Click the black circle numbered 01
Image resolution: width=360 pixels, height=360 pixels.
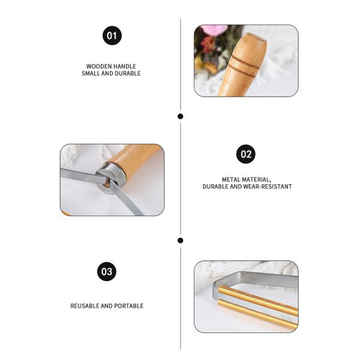(112, 35)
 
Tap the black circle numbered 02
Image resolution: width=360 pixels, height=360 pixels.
(245, 154)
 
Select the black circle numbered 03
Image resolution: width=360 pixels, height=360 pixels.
(107, 271)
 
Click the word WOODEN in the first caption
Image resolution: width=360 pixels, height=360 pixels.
(98, 67)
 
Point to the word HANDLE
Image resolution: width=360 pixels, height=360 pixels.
(125, 67)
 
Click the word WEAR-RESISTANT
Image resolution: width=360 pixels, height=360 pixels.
(268, 187)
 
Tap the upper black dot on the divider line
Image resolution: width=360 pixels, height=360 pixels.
(181, 116)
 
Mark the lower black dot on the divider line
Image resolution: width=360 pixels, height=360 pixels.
(181, 241)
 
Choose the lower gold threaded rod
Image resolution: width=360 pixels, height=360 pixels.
(257, 313)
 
